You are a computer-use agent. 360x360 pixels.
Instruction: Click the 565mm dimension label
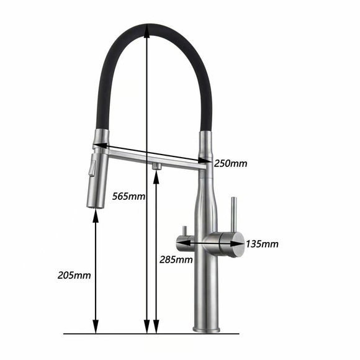(129, 197)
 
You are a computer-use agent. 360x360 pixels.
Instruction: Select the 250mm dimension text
(231, 164)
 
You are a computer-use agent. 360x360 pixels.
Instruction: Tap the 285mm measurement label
(176, 259)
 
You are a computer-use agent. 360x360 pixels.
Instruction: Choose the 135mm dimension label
(261, 243)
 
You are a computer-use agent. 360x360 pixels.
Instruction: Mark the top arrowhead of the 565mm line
(146, 29)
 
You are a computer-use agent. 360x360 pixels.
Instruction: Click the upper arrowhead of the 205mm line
(95, 214)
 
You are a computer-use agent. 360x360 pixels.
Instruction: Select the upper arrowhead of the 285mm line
(156, 175)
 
